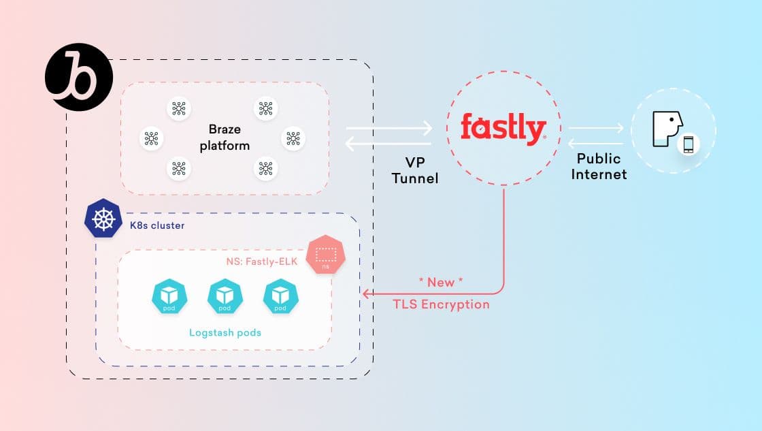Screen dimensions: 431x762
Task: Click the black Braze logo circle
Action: (73, 77)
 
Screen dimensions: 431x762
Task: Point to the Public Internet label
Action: (599, 166)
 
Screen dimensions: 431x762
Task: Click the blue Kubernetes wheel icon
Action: (103, 218)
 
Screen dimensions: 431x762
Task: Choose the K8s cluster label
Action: (157, 225)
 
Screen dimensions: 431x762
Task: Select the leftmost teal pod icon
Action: (167, 297)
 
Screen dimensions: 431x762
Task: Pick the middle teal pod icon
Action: (224, 297)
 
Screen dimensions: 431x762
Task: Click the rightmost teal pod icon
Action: (280, 297)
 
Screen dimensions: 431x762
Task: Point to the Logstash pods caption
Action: (225, 333)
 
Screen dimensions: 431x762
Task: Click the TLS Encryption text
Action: (441, 304)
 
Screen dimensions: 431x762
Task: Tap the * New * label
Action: (441, 282)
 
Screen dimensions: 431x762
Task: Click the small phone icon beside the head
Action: (689, 144)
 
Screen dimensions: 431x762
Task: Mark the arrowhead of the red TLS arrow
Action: (366, 294)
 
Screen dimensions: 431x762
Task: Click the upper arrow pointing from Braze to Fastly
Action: (389, 128)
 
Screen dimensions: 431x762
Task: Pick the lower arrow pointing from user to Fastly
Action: (596, 144)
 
